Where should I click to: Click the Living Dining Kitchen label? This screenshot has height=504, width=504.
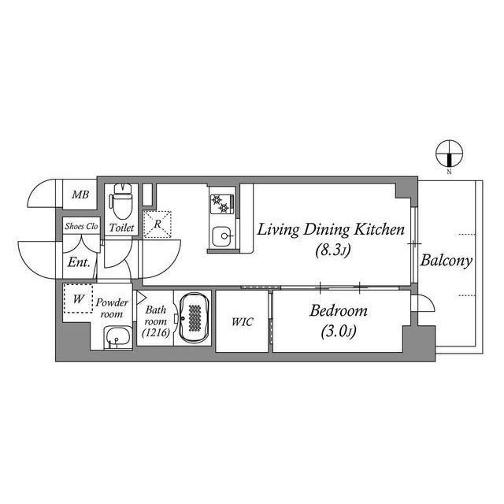[x=332, y=230]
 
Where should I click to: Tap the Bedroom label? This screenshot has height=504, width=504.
[x=338, y=311]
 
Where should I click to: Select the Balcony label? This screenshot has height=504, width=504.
[x=446, y=261]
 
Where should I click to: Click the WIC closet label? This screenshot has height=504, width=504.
[x=243, y=321]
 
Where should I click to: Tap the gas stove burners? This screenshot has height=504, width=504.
[x=220, y=203]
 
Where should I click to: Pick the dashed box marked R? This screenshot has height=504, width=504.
[x=157, y=224]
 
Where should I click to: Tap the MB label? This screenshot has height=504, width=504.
[x=80, y=195]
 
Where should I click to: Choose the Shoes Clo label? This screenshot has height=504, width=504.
[x=81, y=227]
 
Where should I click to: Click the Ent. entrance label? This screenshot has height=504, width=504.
[x=78, y=262]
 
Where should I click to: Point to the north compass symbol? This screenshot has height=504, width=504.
[x=449, y=153]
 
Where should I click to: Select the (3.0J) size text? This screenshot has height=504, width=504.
[x=338, y=332]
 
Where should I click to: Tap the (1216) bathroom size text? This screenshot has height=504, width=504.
[x=154, y=333]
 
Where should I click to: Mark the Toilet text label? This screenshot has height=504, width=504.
[x=121, y=228]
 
